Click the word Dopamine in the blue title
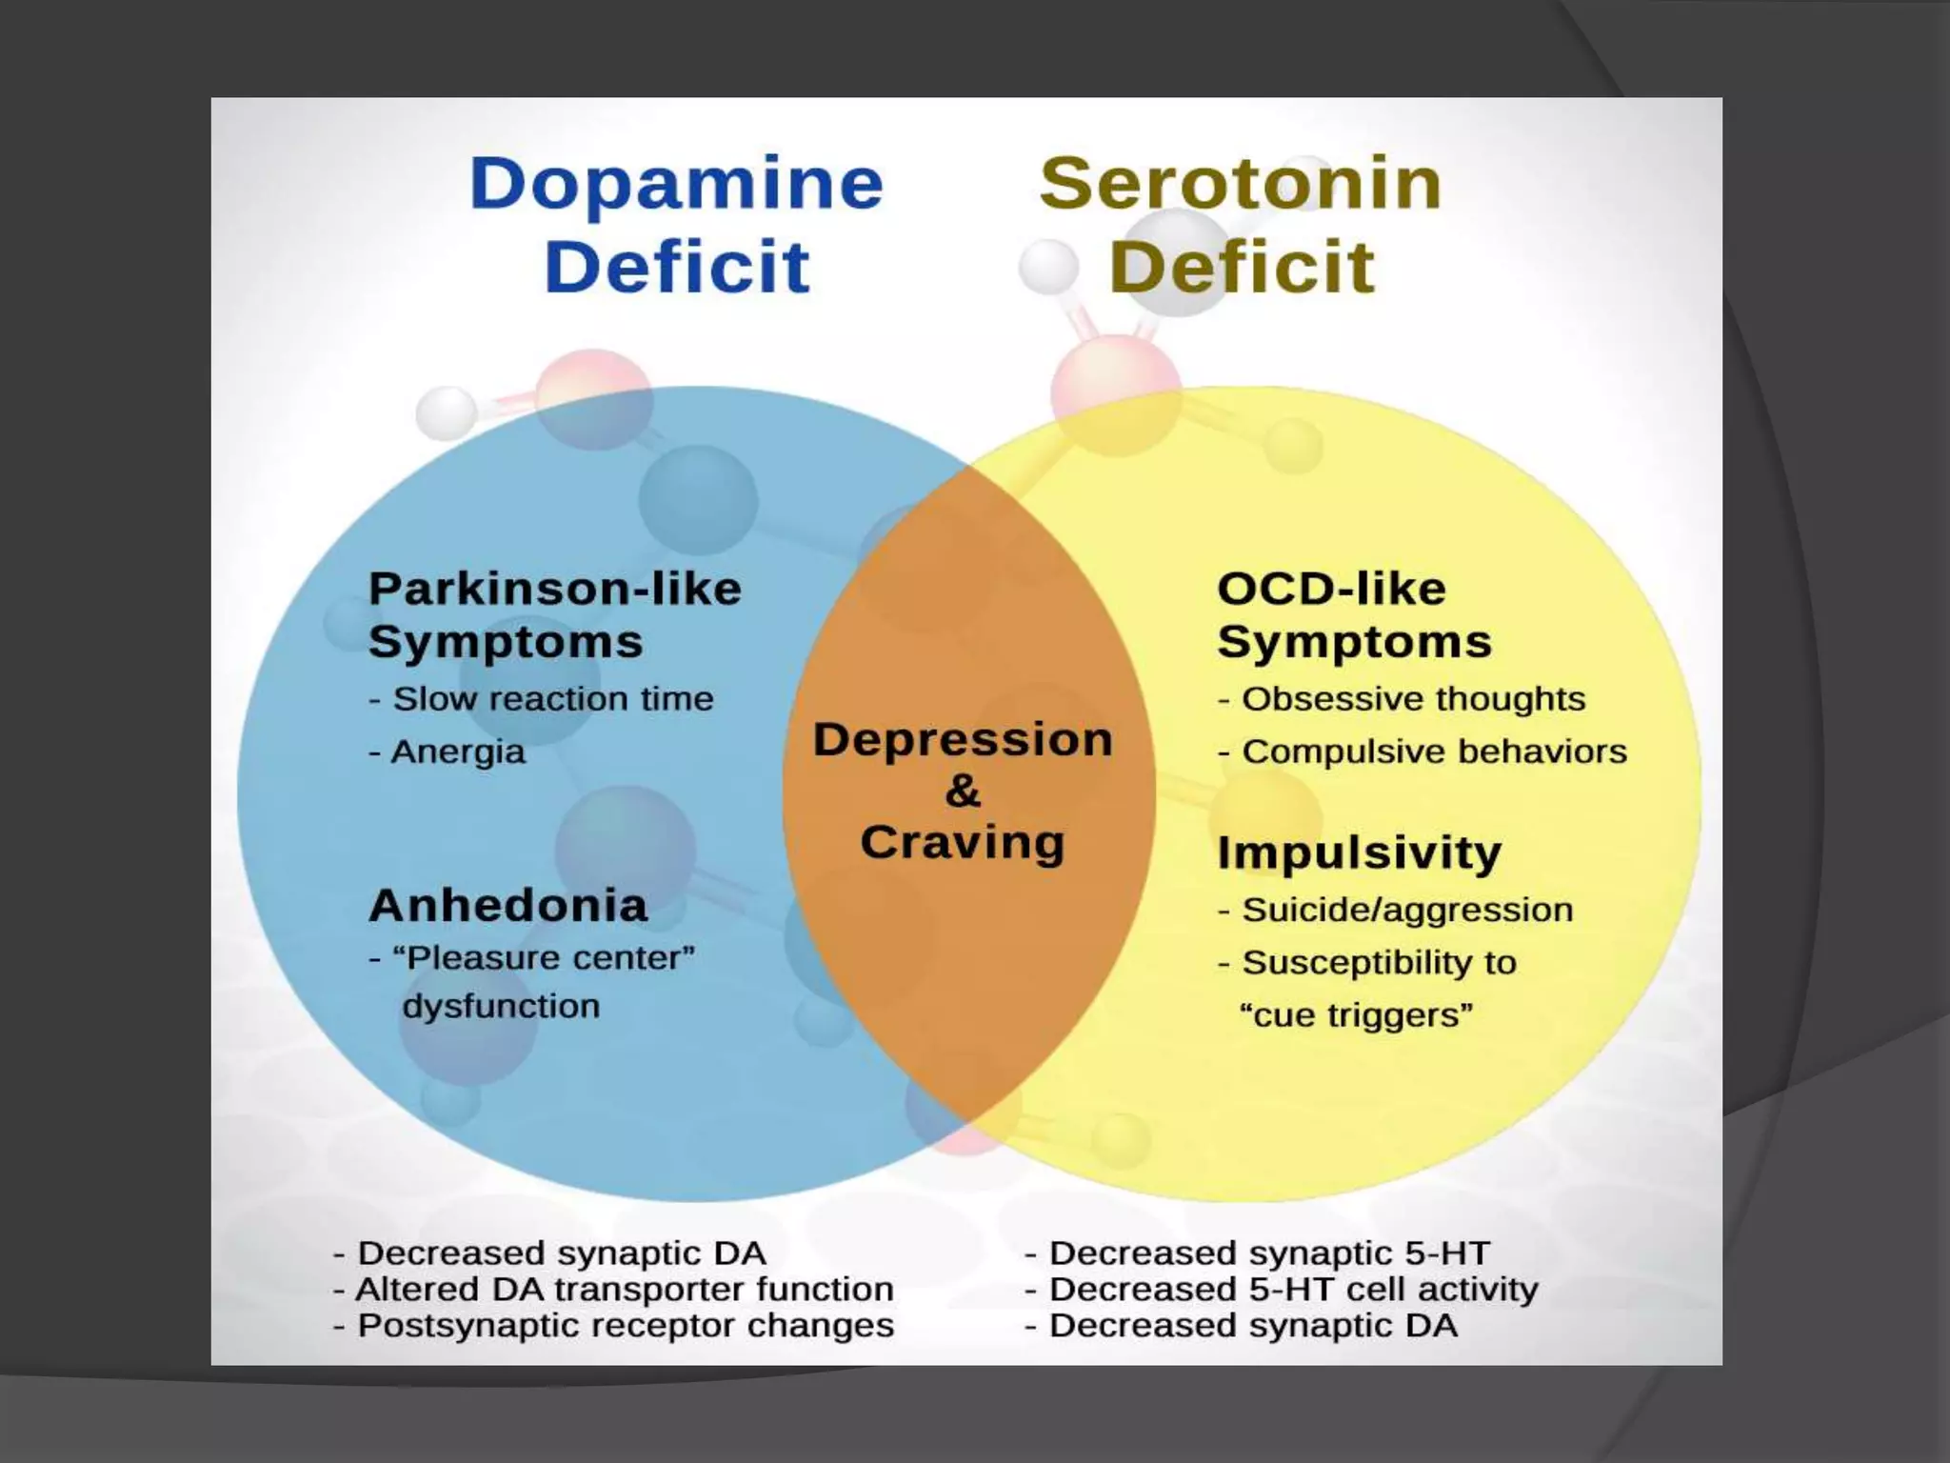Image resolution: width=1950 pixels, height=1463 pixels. point(676,184)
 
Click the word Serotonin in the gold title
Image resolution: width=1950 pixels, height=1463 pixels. point(1241,184)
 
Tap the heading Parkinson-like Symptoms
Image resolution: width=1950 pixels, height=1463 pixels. point(554,614)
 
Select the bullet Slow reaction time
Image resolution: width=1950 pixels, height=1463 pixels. point(552,699)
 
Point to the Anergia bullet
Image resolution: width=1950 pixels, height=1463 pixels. point(457,752)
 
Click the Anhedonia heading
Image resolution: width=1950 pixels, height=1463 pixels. point(508,905)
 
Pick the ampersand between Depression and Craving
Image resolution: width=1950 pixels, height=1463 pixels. point(963,791)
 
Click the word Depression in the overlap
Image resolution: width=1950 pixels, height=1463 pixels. point(963,739)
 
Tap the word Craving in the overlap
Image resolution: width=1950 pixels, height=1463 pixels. point(963,843)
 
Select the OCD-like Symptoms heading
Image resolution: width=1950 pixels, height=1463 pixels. point(1354,614)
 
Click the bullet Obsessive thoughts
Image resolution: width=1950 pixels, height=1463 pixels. point(1413,699)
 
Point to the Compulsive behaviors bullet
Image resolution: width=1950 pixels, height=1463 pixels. point(1434,752)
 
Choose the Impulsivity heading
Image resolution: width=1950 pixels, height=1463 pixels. point(1360,852)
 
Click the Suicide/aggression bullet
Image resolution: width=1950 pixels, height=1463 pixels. point(1407,911)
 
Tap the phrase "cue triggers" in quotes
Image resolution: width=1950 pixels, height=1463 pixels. point(1356,1015)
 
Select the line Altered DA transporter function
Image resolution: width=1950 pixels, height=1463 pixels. point(624,1290)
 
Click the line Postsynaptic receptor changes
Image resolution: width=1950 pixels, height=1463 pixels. point(626,1326)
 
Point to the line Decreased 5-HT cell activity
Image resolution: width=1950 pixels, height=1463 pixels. point(1293,1290)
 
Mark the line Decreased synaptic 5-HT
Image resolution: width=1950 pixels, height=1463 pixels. point(1269,1253)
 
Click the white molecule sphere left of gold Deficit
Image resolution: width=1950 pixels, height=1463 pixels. point(1048,267)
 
